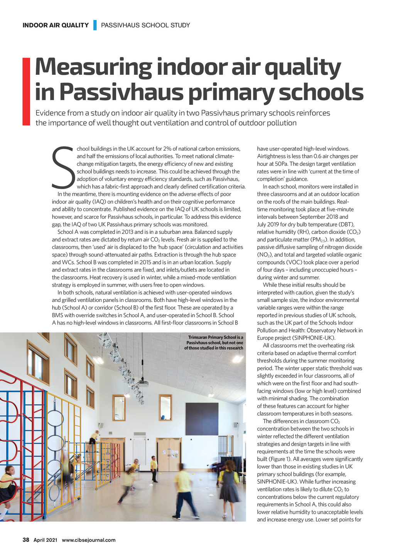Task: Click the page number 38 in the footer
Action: click(26, 540)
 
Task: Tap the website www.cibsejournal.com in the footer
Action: click(88, 540)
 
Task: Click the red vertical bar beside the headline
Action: click(26, 91)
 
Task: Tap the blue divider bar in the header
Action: click(95, 25)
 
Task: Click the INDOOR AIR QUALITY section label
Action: click(56, 25)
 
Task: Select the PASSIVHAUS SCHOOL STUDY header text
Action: click(145, 25)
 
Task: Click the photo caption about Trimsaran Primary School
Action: click(214, 343)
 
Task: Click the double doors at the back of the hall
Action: click(169, 455)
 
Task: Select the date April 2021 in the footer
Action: click(45, 540)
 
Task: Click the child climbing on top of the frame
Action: click(93, 438)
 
